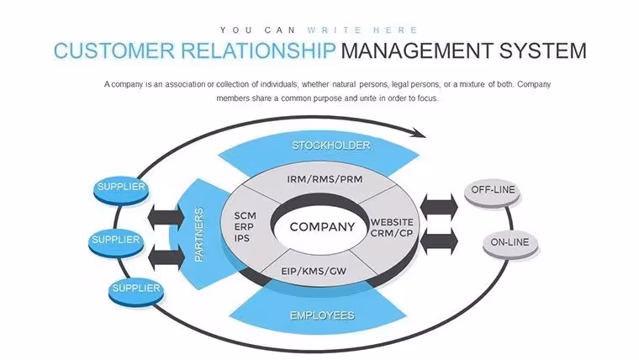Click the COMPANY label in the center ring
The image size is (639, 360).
322,226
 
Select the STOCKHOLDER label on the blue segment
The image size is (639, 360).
331,146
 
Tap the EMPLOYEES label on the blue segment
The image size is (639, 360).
322,315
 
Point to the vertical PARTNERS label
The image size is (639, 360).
199,235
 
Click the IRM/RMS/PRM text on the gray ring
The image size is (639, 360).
325,179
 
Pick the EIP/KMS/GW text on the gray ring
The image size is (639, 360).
314,271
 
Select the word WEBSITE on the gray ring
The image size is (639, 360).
392,222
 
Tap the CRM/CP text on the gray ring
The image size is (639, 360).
392,233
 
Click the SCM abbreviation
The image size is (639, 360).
246,215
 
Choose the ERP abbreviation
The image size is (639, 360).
244,226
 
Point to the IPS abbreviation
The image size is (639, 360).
241,238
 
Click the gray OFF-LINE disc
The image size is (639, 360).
493,193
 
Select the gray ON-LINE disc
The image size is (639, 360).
510,246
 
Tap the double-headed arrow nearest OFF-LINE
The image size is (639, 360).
439,207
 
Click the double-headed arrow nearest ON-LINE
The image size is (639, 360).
439,241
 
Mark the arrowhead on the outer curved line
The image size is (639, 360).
419,133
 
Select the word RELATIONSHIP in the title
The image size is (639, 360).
258,51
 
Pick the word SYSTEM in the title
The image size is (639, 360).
543,51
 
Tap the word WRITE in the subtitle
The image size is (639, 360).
335,30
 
